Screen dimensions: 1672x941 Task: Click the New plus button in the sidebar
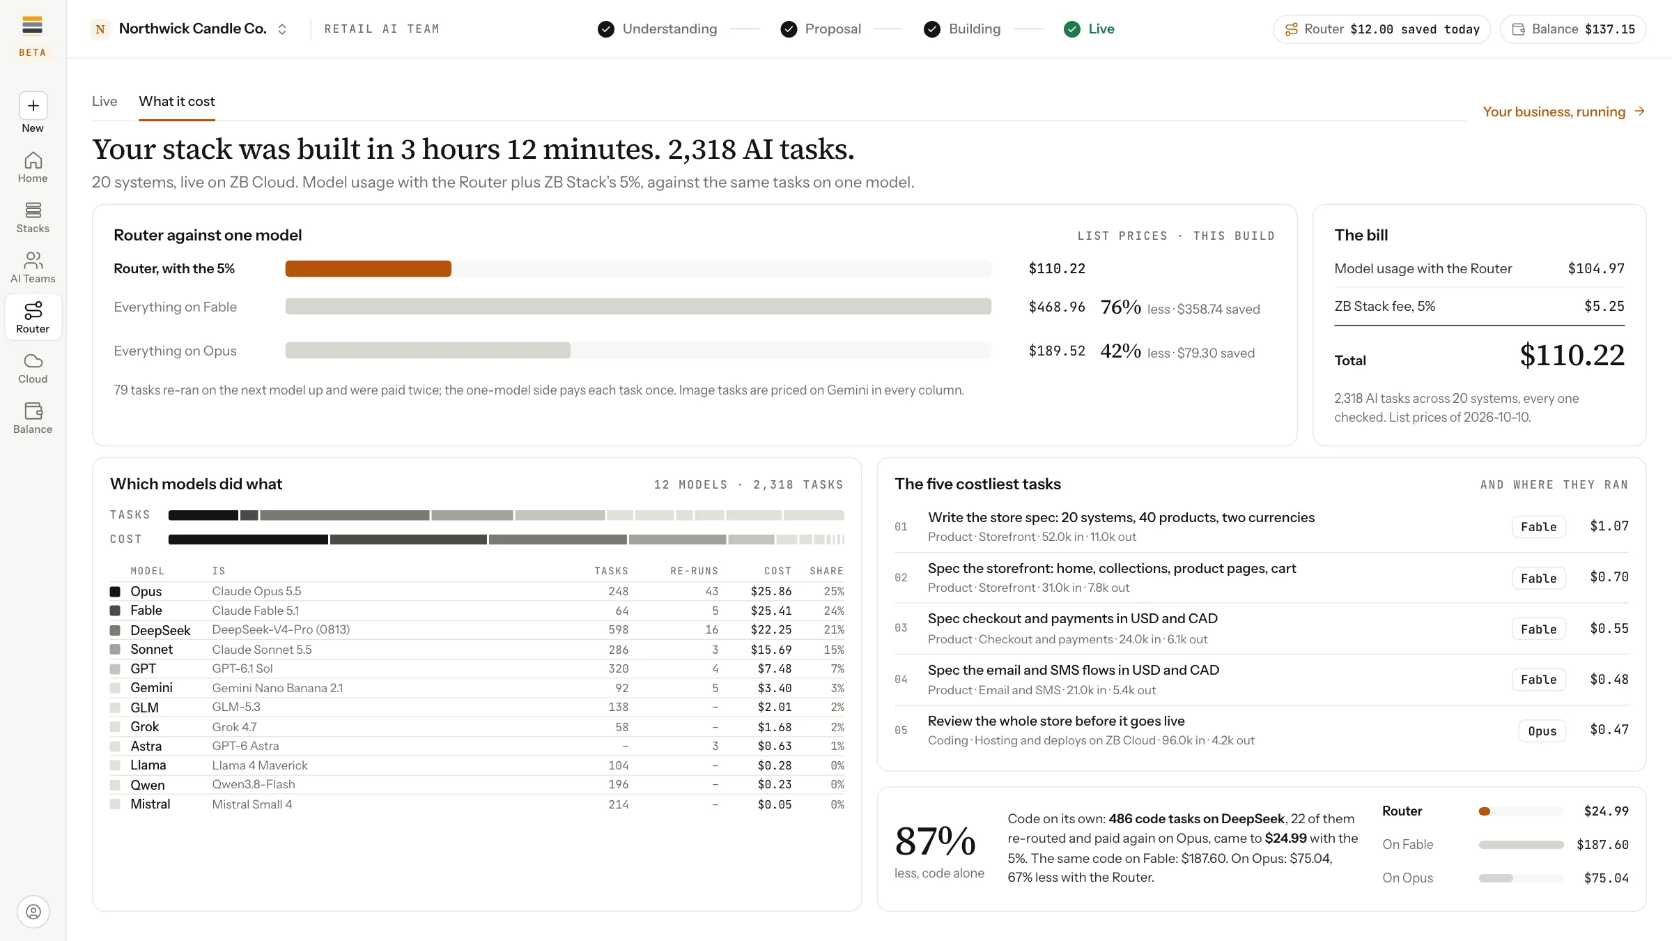pos(33,106)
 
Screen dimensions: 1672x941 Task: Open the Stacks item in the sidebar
pos(33,217)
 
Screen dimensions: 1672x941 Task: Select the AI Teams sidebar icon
pos(33,260)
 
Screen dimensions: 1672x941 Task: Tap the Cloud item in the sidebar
pos(33,368)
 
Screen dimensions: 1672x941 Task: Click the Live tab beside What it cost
pos(104,101)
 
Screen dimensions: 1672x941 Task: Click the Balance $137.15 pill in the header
pos(1573,29)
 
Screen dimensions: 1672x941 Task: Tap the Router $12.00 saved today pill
pos(1381,29)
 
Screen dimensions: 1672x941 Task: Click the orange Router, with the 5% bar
pos(368,268)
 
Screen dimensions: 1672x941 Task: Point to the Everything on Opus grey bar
pos(428,350)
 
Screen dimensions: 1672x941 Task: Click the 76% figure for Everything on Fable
pos(1120,307)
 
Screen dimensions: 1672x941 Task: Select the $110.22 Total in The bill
pos(1572,355)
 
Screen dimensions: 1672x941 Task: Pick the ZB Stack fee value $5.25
pos(1604,306)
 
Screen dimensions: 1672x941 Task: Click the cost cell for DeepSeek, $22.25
pos(771,629)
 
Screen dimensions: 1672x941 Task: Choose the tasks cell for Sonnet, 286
pos(618,649)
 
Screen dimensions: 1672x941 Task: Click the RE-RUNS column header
pos(694,571)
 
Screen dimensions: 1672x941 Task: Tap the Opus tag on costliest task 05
pos(1542,730)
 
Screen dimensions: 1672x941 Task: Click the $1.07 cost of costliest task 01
pos(1609,526)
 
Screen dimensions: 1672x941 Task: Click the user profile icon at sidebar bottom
pos(33,912)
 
